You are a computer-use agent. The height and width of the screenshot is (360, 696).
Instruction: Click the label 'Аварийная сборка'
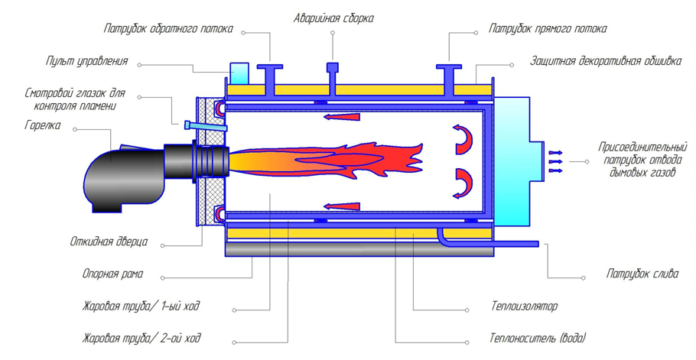coord(333,18)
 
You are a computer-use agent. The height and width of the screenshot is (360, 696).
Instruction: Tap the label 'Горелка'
coord(43,125)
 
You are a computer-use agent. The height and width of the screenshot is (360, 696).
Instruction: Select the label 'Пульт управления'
coord(87,61)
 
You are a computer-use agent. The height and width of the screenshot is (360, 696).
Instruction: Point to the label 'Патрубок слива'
coord(642,274)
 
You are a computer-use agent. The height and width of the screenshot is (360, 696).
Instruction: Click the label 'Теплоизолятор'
coord(524,306)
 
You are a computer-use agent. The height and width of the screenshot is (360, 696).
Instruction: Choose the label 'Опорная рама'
coord(112,274)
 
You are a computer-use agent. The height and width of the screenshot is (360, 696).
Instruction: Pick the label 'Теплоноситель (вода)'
coord(538,339)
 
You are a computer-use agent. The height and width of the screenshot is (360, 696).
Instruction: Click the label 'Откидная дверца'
coord(109,242)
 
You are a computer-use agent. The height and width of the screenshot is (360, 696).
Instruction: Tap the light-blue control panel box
coord(239,73)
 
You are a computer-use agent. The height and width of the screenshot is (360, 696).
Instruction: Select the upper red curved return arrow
coord(463,139)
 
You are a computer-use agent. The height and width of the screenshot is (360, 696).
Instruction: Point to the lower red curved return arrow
coord(463,183)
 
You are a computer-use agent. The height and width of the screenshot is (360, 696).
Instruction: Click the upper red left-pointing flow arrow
coord(341,117)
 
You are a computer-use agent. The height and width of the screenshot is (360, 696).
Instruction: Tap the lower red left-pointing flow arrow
coord(341,206)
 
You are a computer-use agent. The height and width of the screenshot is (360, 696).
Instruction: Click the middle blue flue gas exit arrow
coord(556,162)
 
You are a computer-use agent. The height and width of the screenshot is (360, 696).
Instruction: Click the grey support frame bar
coord(359,249)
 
